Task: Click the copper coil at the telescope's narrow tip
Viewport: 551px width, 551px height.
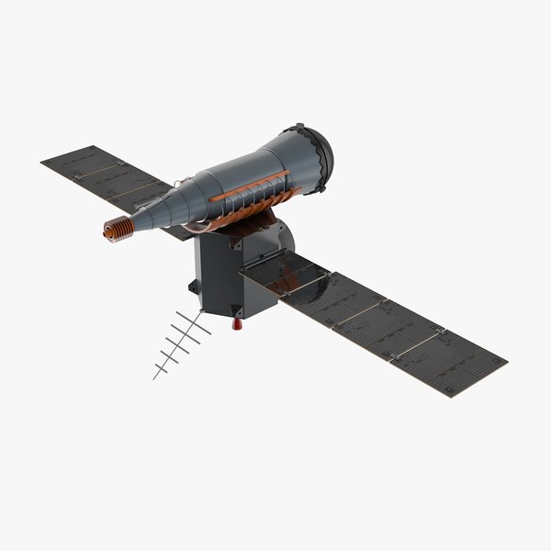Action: pos(116,230)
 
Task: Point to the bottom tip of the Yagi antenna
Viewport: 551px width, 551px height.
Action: pos(154,377)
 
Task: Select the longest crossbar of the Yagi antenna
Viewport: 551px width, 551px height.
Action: pos(194,322)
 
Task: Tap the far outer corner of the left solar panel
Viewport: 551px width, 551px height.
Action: pos(42,164)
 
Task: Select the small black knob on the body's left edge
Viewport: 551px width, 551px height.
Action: pos(192,287)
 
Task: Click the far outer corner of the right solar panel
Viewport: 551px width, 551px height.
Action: pos(507,361)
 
